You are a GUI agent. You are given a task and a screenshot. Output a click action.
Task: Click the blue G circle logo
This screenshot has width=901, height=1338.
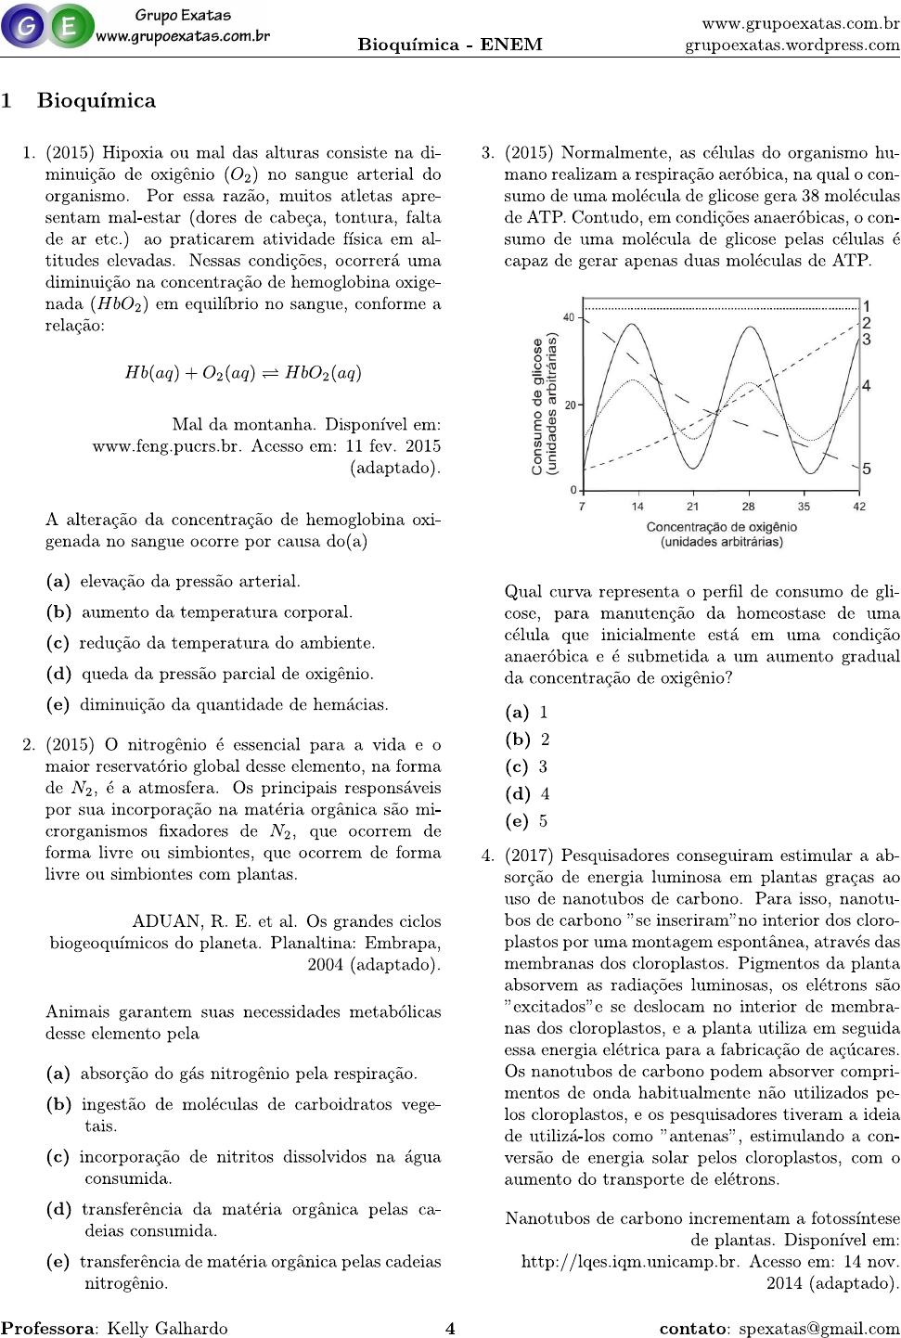(x=24, y=26)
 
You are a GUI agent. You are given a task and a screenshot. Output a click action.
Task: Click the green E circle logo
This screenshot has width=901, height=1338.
(x=70, y=26)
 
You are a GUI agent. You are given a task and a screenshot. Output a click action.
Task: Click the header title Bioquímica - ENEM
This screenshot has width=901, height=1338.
(x=450, y=45)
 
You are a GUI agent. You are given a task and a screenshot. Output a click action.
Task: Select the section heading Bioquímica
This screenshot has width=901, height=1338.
(x=96, y=100)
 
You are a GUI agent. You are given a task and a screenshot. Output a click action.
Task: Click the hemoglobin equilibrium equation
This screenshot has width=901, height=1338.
(x=243, y=373)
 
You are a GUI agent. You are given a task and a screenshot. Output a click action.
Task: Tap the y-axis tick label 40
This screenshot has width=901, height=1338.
(x=568, y=317)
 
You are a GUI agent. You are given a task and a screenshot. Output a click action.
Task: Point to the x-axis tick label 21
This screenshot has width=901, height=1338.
(x=692, y=507)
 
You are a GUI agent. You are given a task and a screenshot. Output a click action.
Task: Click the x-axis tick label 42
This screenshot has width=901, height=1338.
(x=859, y=507)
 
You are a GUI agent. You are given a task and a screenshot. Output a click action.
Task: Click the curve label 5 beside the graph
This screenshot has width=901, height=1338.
(x=867, y=470)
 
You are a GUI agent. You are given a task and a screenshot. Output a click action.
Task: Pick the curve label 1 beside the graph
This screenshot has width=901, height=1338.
(x=867, y=306)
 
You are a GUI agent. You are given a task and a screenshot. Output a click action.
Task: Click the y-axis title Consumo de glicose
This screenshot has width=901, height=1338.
(x=545, y=405)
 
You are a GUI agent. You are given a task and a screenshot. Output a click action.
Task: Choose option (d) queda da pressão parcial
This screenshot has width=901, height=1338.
(x=211, y=674)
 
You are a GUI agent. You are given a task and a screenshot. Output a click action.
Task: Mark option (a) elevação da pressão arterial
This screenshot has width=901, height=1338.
(x=174, y=582)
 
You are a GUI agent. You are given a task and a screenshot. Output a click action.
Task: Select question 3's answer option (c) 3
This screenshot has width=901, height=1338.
(x=526, y=767)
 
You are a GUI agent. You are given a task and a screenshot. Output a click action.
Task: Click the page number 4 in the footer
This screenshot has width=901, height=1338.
(x=450, y=1328)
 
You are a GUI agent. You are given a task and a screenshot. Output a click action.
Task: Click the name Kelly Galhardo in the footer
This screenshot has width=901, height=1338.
(x=167, y=1328)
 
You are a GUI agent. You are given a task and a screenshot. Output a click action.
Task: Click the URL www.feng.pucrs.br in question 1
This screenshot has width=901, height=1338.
(x=167, y=446)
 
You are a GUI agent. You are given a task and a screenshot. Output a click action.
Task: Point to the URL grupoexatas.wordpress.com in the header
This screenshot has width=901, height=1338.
(x=792, y=45)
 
